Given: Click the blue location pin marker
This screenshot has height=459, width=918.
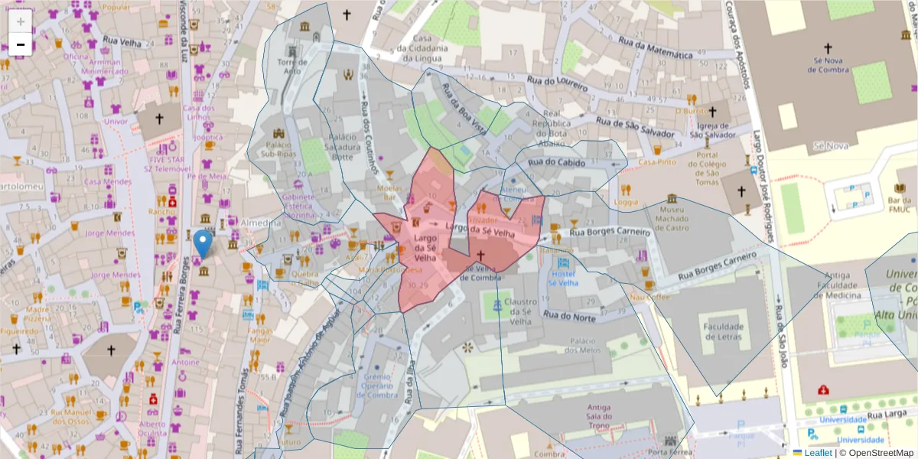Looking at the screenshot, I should [203, 244].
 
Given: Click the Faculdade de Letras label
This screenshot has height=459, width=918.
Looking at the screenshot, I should [723, 332].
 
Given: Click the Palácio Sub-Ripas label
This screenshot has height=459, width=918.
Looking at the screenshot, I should [280, 148].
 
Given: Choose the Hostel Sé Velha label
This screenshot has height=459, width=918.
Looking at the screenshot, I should [562, 278].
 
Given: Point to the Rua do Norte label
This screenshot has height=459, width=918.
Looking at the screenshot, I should [569, 314].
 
